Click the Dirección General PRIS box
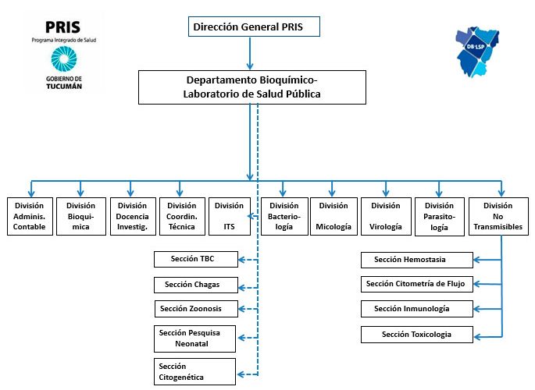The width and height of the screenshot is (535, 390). (254, 27)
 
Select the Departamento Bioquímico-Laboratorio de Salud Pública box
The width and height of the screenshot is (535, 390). (252, 87)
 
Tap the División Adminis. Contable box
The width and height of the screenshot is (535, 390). (30, 216)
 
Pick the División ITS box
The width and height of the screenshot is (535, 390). (230, 216)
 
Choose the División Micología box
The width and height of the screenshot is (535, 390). (333, 216)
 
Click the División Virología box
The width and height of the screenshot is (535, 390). (386, 216)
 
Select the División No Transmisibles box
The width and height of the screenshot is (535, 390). (498, 216)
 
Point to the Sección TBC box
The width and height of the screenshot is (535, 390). (196, 259)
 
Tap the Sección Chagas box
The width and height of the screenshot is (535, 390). (196, 285)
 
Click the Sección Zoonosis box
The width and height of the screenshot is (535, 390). (196, 309)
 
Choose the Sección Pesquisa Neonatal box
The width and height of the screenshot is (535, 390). (194, 339)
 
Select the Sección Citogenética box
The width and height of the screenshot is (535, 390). (194, 371)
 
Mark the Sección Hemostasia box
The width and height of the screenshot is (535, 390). (417, 261)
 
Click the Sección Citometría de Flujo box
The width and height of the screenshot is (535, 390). (417, 285)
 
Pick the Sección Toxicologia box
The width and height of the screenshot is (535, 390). (417, 335)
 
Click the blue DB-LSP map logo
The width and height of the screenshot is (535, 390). (477, 51)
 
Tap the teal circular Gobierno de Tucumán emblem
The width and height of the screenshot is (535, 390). (64, 59)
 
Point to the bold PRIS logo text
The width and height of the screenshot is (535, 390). (62, 27)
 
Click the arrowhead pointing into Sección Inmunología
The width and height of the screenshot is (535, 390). (476, 309)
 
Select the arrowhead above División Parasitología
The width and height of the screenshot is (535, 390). (439, 193)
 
